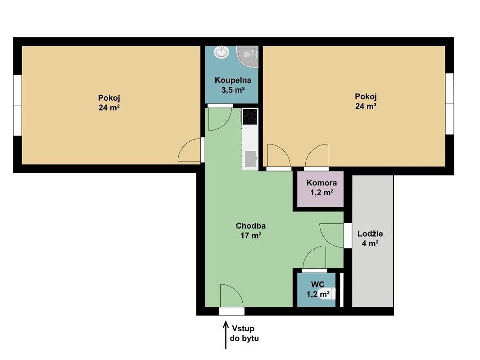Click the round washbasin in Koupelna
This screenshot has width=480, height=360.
(222, 52)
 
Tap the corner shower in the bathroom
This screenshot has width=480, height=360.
(249, 57)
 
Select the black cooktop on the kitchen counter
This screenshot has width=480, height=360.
(250, 117)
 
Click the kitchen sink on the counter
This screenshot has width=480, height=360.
(250, 159)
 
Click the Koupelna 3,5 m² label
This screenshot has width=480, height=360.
(233, 85)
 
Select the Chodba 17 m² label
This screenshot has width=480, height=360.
(250, 230)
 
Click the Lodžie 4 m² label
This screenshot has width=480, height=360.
(370, 238)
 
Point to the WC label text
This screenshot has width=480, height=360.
(317, 284)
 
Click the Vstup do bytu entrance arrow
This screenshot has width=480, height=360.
(226, 334)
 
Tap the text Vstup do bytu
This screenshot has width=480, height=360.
(244, 333)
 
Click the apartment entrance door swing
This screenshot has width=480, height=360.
(231, 296)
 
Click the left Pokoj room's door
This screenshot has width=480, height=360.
(190, 150)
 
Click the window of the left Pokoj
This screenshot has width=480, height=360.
(18, 105)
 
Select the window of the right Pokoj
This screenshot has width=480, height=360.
(449, 103)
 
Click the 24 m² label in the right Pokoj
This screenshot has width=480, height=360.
(366, 107)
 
